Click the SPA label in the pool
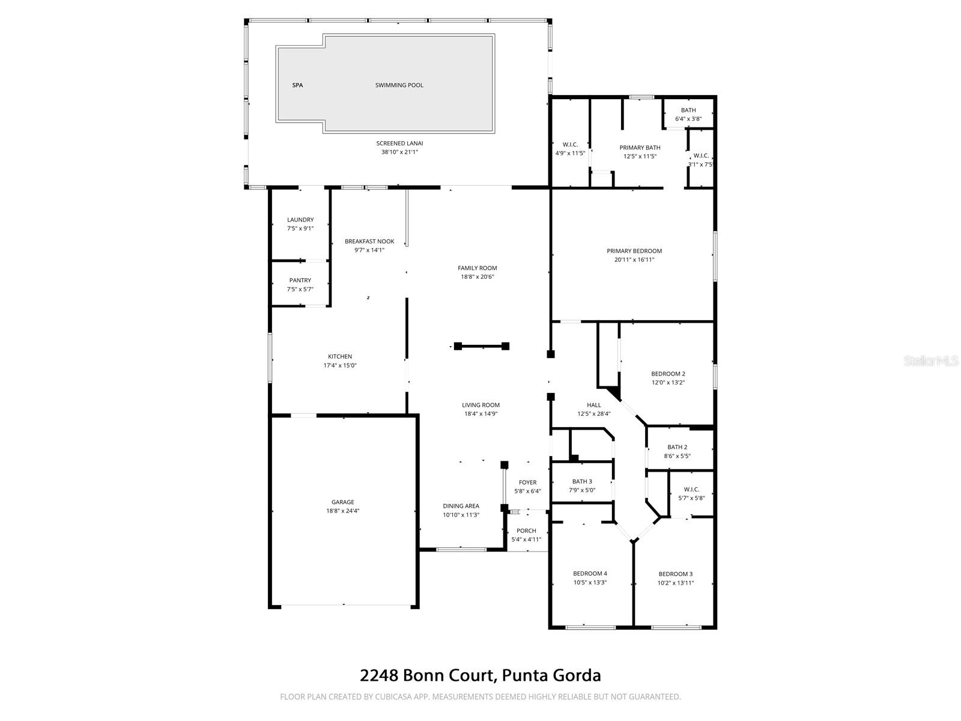click(297, 85)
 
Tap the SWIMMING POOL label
click(399, 85)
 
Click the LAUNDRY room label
click(300, 220)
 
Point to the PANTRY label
click(300, 281)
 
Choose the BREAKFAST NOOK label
click(369, 242)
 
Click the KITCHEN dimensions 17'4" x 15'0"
click(340, 365)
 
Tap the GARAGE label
click(343, 502)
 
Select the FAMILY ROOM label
click(477, 268)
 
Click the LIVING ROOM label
click(480, 405)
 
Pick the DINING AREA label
click(461, 506)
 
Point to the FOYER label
click(527, 482)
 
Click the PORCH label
click(526, 531)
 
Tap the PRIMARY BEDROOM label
click(634, 251)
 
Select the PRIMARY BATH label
click(640, 148)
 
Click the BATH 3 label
click(581, 481)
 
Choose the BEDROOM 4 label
click(590, 573)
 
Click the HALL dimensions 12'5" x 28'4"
click(593, 413)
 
